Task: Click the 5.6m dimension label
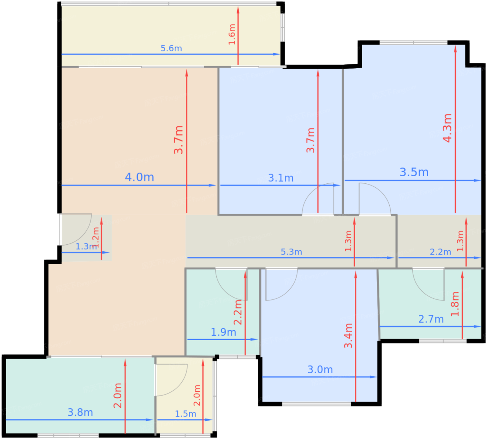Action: pyautogui.click(x=171, y=48)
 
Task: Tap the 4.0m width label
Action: pyautogui.click(x=139, y=177)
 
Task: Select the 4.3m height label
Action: pyautogui.click(x=447, y=128)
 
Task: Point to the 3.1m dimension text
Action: pyautogui.click(x=281, y=178)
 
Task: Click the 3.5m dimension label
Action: pyautogui.click(x=414, y=172)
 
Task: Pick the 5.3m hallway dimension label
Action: pyautogui.click(x=291, y=252)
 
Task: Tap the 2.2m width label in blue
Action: pyautogui.click(x=440, y=252)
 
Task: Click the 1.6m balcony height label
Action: pyautogui.click(x=232, y=34)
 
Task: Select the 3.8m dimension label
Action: pyautogui.click(x=80, y=412)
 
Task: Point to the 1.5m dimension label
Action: pyautogui.click(x=185, y=414)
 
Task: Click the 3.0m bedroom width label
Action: pyautogui.click(x=320, y=369)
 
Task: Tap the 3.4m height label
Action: pyautogui.click(x=348, y=336)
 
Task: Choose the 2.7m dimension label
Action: pyautogui.click(x=431, y=319)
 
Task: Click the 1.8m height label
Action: pyautogui.click(x=455, y=304)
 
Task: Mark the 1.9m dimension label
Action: pyautogui.click(x=223, y=332)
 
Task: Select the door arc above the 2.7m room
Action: pyautogui.click(x=422, y=292)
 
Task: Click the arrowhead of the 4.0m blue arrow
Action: pyautogui.click(x=213, y=185)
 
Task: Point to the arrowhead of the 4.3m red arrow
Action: pyautogui.click(x=455, y=49)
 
